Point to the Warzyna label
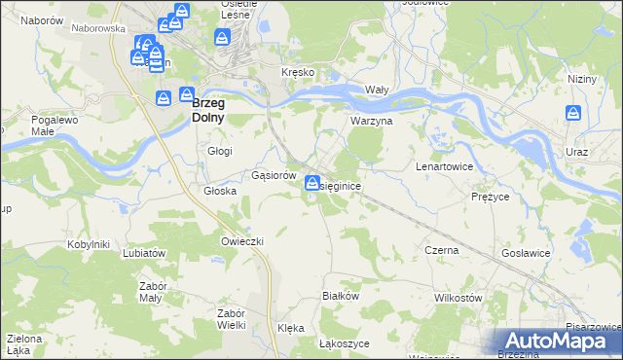pos(371,122)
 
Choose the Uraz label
pos(576,153)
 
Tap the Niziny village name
pos(581,81)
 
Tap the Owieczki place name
pos(243,240)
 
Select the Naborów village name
pos(41,19)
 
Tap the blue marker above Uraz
pos(574,115)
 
